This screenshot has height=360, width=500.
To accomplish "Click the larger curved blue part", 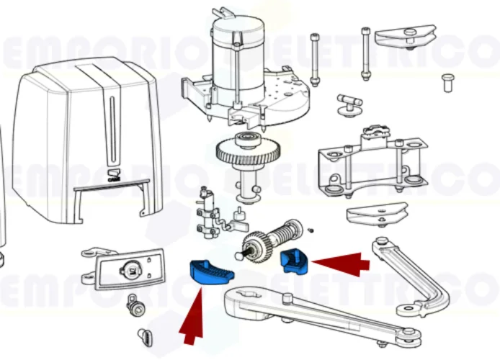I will pos(210,271).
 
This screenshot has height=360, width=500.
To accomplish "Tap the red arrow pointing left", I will pos(340,264).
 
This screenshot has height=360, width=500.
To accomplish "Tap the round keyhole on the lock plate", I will pos(134,270).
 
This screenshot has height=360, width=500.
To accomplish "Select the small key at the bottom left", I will pos(145,336).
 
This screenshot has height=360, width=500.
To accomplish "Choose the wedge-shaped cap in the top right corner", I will pos(407,33).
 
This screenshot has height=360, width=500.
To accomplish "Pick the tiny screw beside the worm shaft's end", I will pos(310,230).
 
